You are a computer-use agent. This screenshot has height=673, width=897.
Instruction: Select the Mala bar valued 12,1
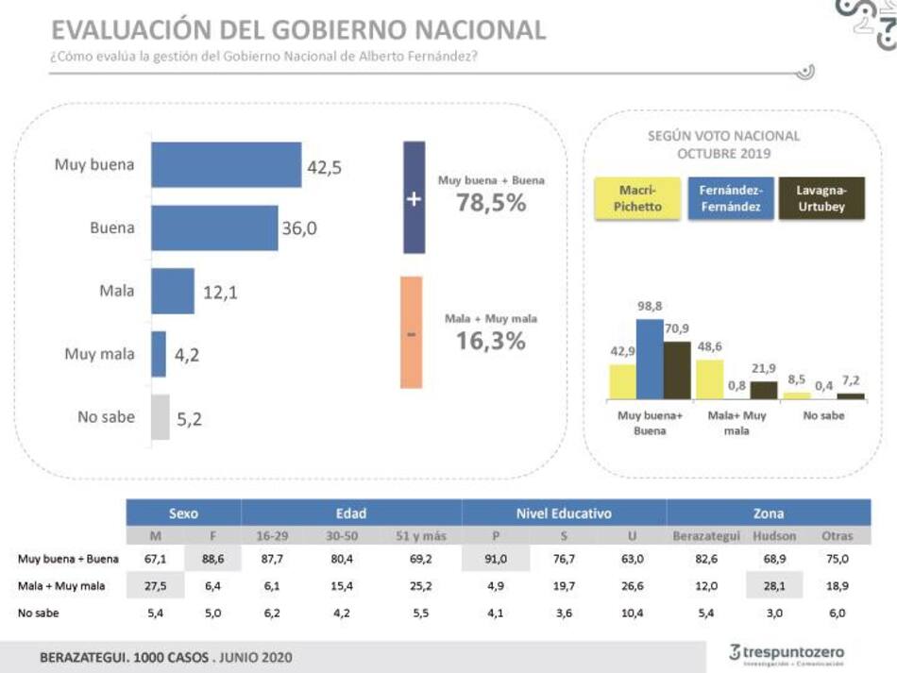[x=173, y=291]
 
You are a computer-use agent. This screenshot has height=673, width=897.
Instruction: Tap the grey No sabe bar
[x=161, y=417]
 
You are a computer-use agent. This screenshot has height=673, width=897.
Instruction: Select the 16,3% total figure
[x=490, y=341]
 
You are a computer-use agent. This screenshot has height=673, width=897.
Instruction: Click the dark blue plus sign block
[x=414, y=198]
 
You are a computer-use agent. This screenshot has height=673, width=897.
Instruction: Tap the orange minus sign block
[x=411, y=332]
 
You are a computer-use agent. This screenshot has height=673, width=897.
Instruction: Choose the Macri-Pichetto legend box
[x=637, y=198]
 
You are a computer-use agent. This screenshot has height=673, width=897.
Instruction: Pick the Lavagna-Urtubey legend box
[x=821, y=198]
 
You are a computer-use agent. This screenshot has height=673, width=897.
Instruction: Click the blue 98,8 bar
[x=649, y=359]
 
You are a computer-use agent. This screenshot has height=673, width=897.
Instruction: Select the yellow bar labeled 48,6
[x=709, y=379]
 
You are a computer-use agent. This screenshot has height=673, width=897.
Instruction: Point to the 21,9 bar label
[x=764, y=367]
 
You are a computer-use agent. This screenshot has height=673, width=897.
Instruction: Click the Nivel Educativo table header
[x=564, y=513]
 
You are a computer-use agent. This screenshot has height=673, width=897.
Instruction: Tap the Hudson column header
[x=775, y=535]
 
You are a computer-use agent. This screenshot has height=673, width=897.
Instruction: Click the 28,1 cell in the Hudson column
[x=775, y=585]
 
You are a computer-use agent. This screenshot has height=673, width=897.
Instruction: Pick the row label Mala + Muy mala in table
[x=62, y=585]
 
